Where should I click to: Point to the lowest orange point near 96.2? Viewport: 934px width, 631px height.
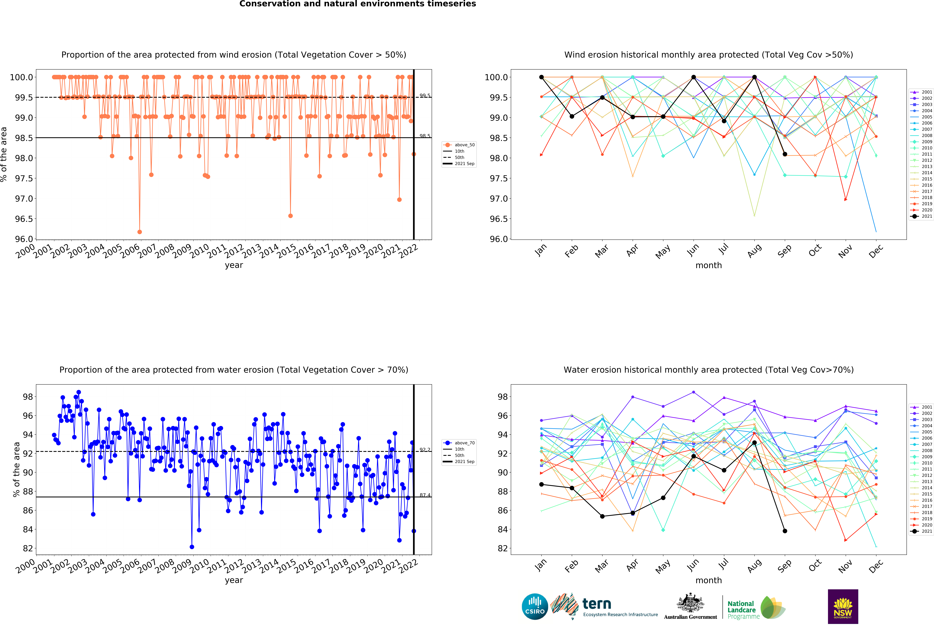click(139, 232)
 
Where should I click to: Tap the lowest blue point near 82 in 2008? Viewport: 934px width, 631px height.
click(192, 547)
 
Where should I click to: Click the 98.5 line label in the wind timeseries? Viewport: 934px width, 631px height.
click(425, 136)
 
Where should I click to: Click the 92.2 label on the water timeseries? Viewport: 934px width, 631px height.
click(425, 449)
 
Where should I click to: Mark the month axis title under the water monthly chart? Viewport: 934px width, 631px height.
click(709, 580)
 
